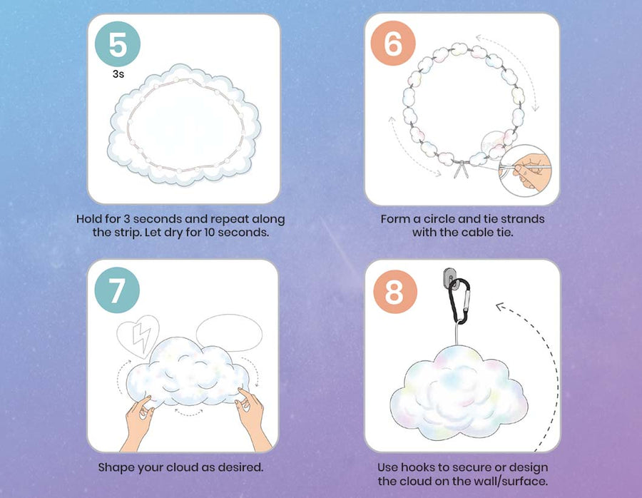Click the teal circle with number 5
(118, 44)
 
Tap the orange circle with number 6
(393, 43)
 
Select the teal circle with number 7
(117, 290)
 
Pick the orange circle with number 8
(395, 292)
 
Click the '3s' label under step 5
(118, 74)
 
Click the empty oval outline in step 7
(229, 333)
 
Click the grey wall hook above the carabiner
(449, 277)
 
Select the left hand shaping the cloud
(138, 422)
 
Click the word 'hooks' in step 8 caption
(416, 468)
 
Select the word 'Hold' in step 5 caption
(89, 219)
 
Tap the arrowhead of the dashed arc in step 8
(499, 306)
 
